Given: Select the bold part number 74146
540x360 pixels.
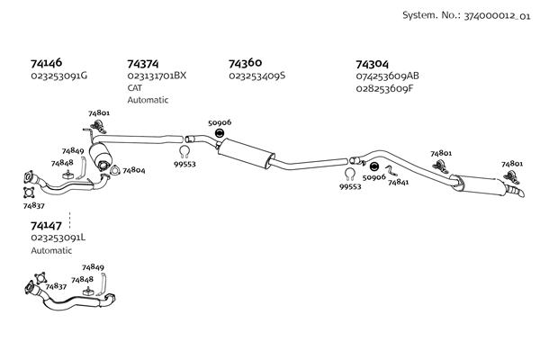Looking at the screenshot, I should click(47, 64).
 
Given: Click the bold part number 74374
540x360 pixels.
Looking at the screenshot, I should click(143, 64).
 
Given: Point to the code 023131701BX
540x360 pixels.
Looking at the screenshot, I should click(157, 76).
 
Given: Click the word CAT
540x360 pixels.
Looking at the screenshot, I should click(135, 87).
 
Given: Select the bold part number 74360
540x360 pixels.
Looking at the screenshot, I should click(246, 64).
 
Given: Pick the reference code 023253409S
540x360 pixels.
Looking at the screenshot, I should click(257, 76).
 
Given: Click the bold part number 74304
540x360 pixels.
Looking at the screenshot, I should click(373, 64).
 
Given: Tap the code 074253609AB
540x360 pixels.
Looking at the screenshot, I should click(388, 76).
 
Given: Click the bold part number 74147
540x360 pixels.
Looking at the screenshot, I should click(46, 225).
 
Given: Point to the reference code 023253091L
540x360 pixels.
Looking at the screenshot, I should click(58, 238).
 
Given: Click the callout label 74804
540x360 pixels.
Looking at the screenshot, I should click(133, 169).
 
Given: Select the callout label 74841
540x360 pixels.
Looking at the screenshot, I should click(399, 182).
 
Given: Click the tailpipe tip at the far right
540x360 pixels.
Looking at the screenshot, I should click(516, 192).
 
